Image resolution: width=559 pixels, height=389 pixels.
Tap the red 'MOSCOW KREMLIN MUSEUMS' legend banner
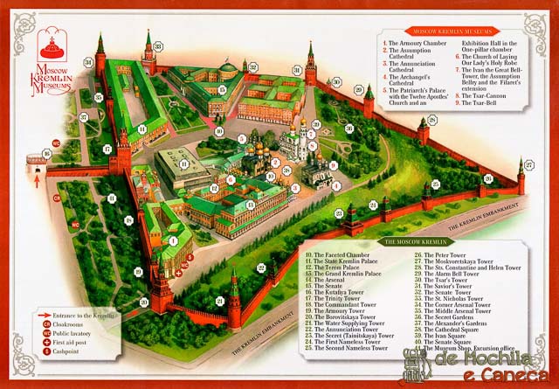444,31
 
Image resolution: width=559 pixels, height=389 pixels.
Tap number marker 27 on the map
528,163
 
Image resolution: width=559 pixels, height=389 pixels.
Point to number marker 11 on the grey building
185,163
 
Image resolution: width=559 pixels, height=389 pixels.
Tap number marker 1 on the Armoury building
173,240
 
